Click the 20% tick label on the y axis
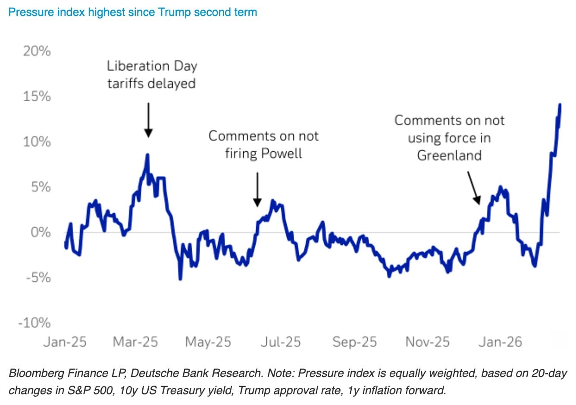click(37, 51)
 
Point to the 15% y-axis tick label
click(37, 96)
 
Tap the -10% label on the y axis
click(34, 322)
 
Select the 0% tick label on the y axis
click(41, 232)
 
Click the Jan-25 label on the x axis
click(65, 342)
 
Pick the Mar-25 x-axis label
click(135, 342)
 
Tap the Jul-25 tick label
click(281, 342)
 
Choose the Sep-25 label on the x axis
click(354, 342)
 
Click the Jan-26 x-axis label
click(500, 342)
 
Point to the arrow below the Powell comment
click(257, 190)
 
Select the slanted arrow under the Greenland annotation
click(473, 188)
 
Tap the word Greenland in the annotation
click(449, 155)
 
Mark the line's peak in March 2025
click(147, 155)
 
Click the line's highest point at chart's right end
click(560, 104)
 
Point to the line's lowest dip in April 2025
click(180, 279)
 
